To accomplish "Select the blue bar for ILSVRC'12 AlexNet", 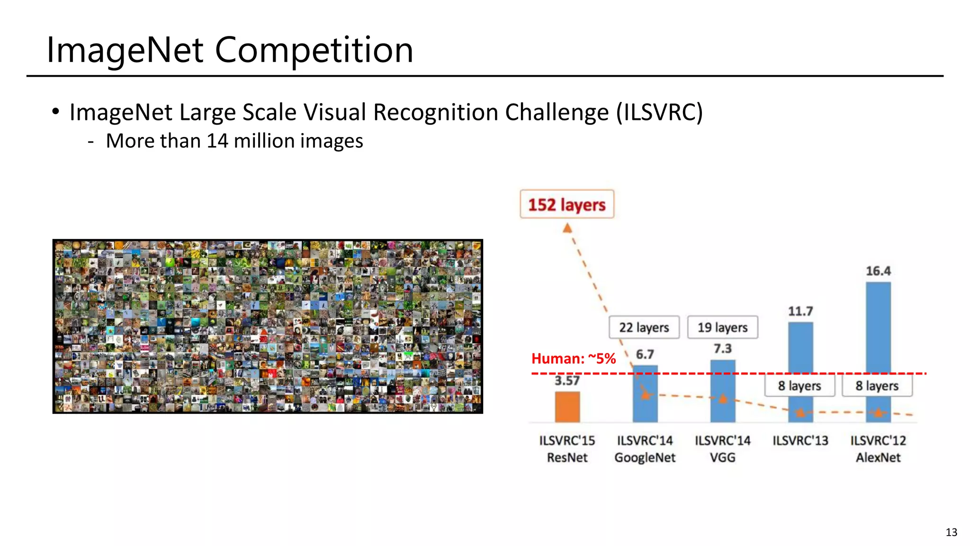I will click(878, 332).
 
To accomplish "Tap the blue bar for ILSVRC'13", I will click(800, 351).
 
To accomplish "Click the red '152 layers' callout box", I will click(567, 204).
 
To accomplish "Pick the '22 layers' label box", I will click(644, 327).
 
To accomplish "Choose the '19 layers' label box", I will click(722, 327).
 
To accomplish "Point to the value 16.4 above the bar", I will click(878, 271).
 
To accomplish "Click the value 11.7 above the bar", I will click(800, 311).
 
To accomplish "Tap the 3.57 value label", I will click(567, 381).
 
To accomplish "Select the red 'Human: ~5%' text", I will click(573, 358).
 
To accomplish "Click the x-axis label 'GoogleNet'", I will click(645, 457).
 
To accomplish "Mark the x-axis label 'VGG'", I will click(722, 457).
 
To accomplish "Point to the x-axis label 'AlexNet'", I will click(878, 457).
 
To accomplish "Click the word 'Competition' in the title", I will click(314, 50).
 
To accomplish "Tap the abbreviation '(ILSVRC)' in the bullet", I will click(659, 112).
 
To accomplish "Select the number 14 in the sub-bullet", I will click(217, 141).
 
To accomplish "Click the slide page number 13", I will click(951, 532).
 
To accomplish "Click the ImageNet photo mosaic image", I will click(268, 326).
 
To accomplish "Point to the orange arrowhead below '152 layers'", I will click(567, 228).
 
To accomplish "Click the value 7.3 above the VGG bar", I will click(723, 349).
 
